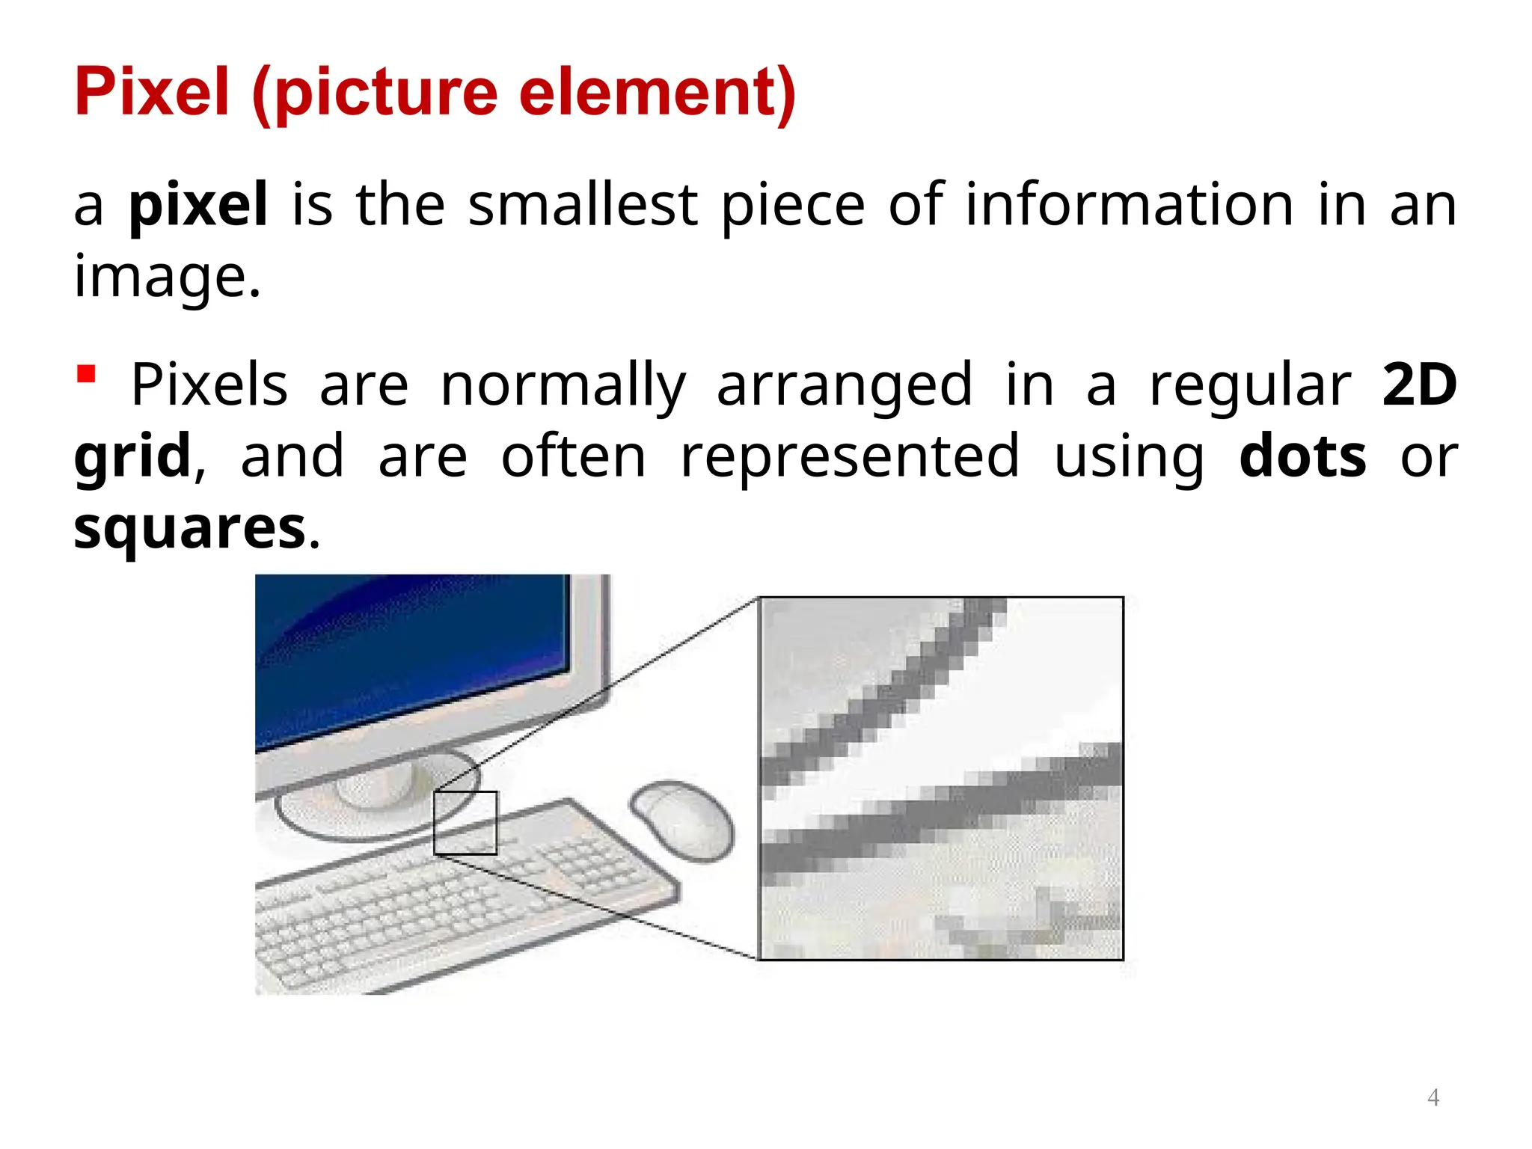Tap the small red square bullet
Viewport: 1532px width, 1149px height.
(x=87, y=373)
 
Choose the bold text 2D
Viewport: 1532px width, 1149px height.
(x=1419, y=384)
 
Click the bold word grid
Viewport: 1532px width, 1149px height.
(x=132, y=456)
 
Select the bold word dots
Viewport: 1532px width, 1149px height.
(x=1302, y=456)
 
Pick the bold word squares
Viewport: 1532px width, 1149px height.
(x=190, y=528)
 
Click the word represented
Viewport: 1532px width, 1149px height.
(x=850, y=456)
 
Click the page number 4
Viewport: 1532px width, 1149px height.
(x=1433, y=1097)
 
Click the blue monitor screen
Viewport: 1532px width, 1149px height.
(x=411, y=651)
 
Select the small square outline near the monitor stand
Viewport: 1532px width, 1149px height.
(x=465, y=823)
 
